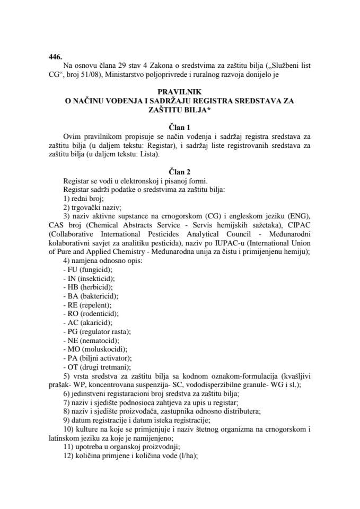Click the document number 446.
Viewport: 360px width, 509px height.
tap(55, 55)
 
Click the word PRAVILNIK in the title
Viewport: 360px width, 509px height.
tap(180, 91)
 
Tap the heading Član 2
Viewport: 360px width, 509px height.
tap(180, 171)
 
